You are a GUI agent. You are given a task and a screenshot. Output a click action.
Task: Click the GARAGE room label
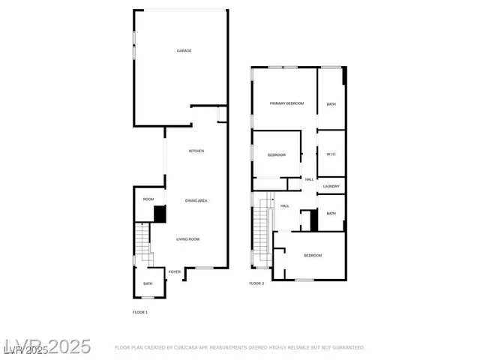tap(184, 51)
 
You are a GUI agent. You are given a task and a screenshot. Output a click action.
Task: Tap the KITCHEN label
tap(196, 151)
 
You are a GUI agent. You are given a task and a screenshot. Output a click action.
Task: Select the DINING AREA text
tap(196, 201)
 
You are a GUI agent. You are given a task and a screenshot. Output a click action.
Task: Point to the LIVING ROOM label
tap(187, 239)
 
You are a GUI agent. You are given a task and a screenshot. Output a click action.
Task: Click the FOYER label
tap(175, 271)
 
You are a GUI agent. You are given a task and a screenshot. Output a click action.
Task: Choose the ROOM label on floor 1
tap(148, 199)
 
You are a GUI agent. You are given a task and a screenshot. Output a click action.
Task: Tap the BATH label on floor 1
tap(148, 283)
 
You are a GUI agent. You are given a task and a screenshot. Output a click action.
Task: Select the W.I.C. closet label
tap(331, 154)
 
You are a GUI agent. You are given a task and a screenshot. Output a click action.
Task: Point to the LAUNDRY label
tap(331, 187)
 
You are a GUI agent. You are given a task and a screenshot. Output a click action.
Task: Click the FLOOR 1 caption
tap(140, 311)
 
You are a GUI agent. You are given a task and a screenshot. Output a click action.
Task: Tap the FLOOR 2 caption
tap(256, 283)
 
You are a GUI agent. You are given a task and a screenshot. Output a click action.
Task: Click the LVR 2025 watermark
tap(46, 346)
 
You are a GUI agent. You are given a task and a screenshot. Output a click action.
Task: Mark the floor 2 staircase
tap(260, 232)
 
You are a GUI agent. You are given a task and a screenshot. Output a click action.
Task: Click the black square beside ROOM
tap(160, 214)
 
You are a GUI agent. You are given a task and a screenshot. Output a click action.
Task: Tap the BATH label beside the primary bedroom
tap(331, 103)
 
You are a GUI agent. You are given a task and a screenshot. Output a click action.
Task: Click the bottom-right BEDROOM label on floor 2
tap(313, 256)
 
